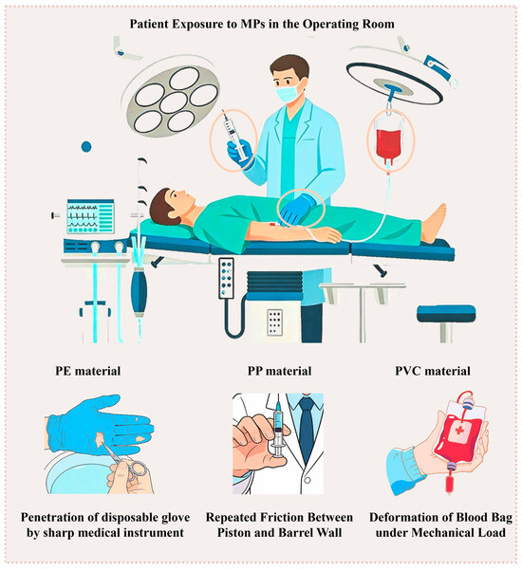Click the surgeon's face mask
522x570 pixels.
click(x=289, y=91)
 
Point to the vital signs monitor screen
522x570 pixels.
click(x=90, y=216)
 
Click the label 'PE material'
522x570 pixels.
click(x=88, y=371)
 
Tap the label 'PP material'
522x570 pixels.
click(x=279, y=371)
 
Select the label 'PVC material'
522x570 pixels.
click(x=433, y=371)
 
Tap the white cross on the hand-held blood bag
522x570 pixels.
click(x=459, y=431)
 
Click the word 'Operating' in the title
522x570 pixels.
click(x=330, y=24)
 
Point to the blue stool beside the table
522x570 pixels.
click(x=446, y=320)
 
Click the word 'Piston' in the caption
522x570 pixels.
click(x=235, y=533)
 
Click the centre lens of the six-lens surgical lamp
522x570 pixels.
click(x=174, y=102)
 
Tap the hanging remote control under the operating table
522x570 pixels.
click(x=226, y=278)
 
